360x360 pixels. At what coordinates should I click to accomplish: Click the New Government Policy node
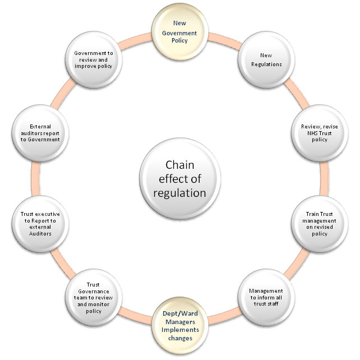[181, 33]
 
